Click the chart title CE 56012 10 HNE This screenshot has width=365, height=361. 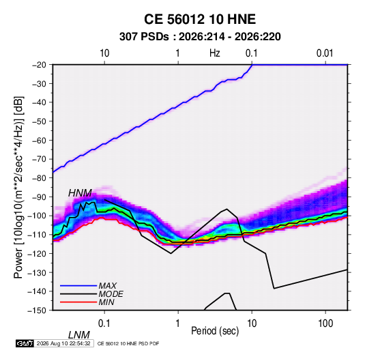[200, 19]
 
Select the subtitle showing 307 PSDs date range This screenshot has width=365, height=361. [200, 37]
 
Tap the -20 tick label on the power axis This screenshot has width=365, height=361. [39, 65]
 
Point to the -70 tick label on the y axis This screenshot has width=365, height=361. [39, 159]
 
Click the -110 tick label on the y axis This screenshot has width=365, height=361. [37, 235]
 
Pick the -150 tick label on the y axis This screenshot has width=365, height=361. [37, 311]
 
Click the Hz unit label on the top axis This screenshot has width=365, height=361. [214, 53]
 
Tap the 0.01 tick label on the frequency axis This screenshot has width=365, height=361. [325, 53]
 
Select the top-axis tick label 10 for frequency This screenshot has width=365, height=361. [104, 53]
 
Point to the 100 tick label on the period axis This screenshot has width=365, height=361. [325, 323]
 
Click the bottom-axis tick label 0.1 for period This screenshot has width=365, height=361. [104, 323]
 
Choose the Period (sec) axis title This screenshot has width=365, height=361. [215, 331]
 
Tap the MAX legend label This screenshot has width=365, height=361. [107, 286]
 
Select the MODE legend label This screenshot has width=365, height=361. [111, 294]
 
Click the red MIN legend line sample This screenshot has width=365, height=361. [78, 302]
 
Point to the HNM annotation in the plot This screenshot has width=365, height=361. [80, 193]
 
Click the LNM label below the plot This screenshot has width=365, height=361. [78, 335]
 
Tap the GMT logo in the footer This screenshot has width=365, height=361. [25, 343]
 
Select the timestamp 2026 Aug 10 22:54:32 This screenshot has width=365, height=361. [63, 343]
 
